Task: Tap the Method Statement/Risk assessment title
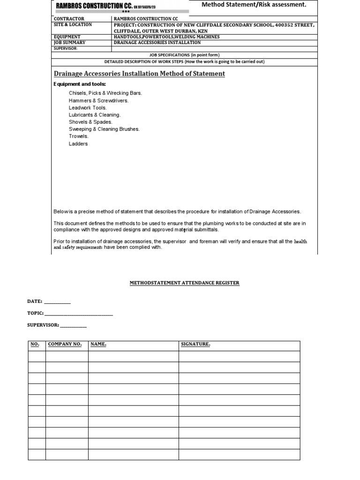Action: click(x=254, y=5)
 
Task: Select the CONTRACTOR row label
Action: click(x=69, y=19)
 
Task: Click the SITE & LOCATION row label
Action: click(x=73, y=25)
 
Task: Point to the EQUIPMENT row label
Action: click(x=67, y=37)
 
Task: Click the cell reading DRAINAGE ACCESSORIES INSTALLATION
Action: click(x=157, y=42)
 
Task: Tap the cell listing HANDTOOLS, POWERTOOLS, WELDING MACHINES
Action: click(x=166, y=37)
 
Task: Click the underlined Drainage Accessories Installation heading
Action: click(x=139, y=74)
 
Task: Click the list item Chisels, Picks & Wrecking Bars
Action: click(x=105, y=93)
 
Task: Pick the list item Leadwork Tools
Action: click(x=88, y=107)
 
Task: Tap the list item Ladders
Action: click(x=78, y=144)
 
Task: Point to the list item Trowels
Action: click(x=79, y=136)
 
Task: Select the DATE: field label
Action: click(x=35, y=301)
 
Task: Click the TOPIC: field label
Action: click(x=36, y=313)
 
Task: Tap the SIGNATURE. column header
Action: click(x=195, y=345)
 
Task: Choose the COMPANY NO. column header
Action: click(x=65, y=345)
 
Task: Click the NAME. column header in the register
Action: click(x=98, y=345)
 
